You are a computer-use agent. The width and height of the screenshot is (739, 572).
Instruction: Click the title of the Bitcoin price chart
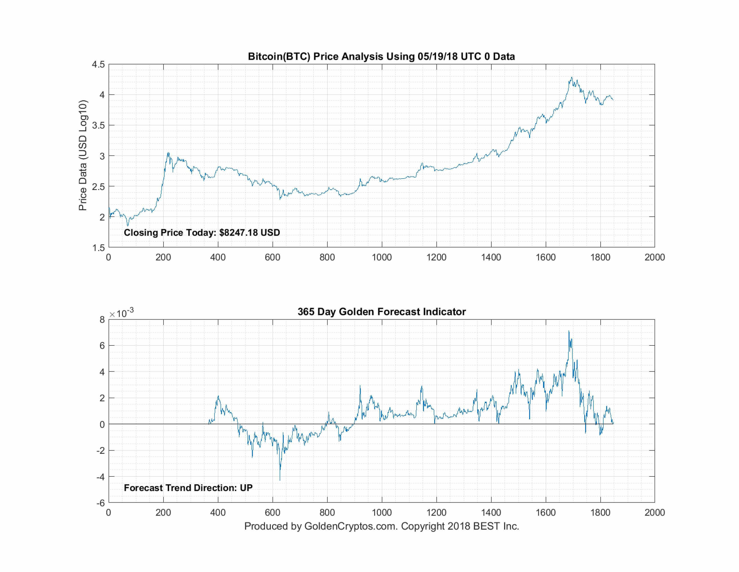pos(381,56)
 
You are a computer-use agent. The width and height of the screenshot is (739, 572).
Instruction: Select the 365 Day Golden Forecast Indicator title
pos(381,312)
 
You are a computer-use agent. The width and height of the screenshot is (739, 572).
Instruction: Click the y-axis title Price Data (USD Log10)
pos(83,155)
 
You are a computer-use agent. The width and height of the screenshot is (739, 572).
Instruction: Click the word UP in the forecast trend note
pos(246,488)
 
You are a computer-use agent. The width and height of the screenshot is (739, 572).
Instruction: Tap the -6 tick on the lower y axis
pos(101,503)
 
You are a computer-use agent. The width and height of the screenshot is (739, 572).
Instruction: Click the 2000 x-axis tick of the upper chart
pos(654,258)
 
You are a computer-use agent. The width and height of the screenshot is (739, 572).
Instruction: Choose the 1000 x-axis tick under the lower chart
pos(382,513)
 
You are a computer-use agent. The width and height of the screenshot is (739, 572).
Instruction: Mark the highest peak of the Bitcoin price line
pos(571,78)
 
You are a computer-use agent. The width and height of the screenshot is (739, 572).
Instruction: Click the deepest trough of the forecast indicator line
pos(280,480)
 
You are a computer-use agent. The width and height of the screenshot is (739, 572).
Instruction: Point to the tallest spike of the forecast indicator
pos(569,331)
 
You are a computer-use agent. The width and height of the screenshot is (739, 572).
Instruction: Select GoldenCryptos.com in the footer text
pos(350,526)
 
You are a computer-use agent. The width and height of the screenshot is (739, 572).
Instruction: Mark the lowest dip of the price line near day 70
pos(128,226)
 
